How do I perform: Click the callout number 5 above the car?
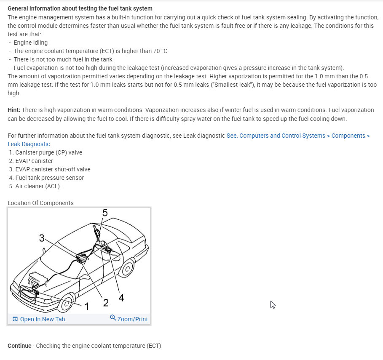click(105, 213)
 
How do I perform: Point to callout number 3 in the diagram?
click(42, 238)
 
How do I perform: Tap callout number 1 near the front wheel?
click(87, 307)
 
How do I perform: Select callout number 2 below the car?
click(106, 303)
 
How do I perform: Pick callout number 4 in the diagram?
click(121, 298)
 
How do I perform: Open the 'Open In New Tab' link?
click(39, 319)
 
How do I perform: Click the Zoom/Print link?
click(129, 319)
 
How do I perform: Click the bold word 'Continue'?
click(19, 346)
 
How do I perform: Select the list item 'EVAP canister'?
click(34, 161)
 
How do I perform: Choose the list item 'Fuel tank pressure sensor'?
click(49, 178)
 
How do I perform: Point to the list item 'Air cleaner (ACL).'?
click(38, 186)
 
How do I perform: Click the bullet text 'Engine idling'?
click(31, 43)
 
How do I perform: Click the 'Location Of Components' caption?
click(40, 203)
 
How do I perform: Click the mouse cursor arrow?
click(273, 304)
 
